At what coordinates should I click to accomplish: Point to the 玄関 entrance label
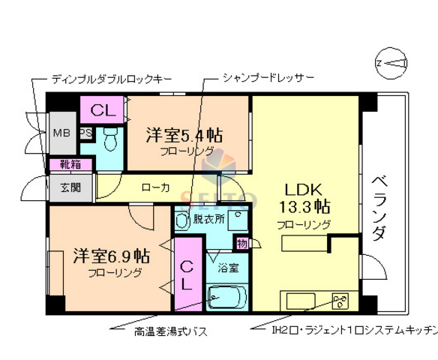tap(61, 187)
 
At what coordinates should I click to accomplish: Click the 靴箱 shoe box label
tap(61, 164)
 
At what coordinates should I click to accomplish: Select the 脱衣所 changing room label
tap(208, 219)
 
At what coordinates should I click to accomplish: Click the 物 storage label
tap(241, 243)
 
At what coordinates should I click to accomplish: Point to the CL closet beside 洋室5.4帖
tap(103, 109)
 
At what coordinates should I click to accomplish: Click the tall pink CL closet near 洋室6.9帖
tap(187, 274)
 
